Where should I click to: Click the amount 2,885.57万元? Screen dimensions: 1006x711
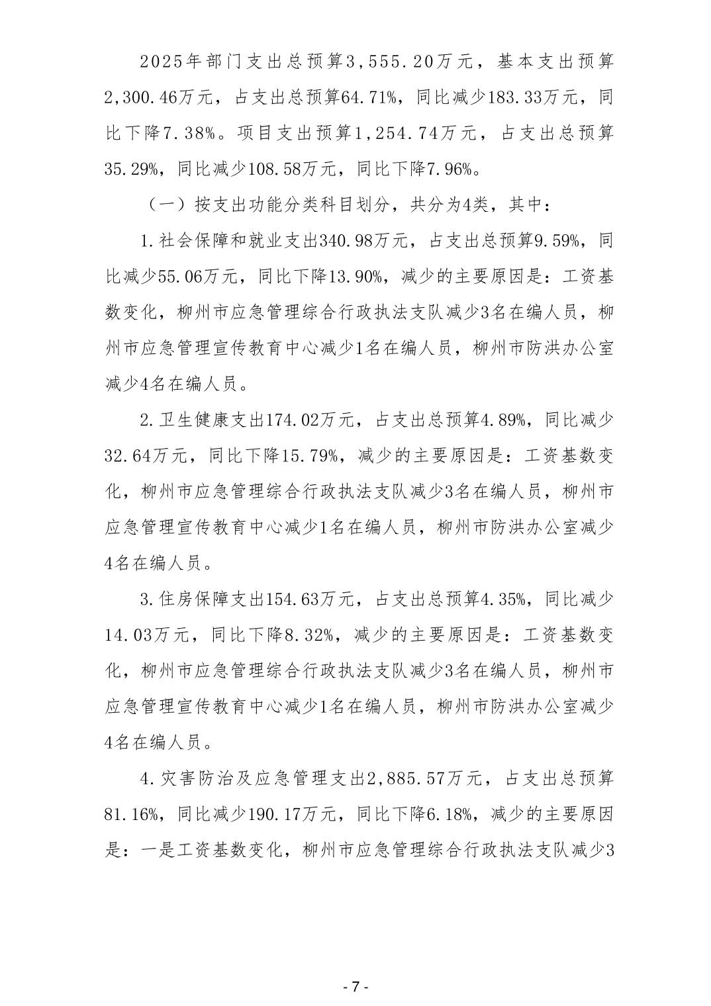(x=424, y=779)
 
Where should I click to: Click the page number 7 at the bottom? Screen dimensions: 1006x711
(x=355, y=987)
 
